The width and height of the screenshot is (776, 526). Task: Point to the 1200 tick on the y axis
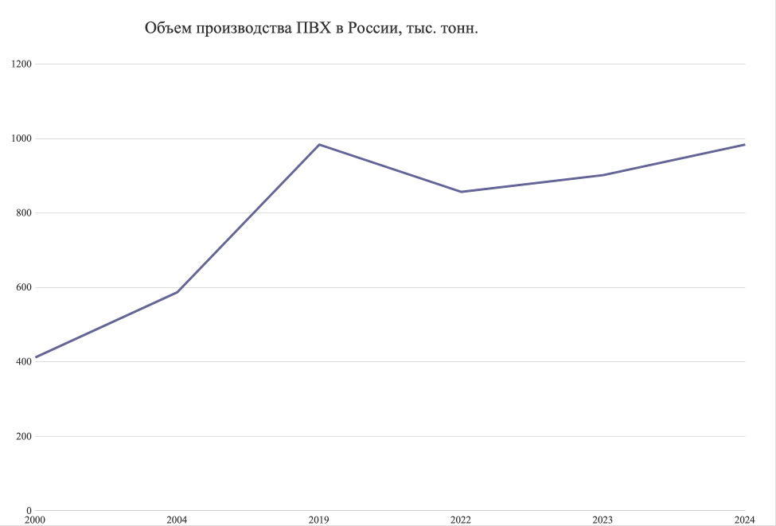(21, 64)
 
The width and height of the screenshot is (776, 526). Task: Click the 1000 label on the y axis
(21, 138)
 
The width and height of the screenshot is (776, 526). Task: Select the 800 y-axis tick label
(23, 213)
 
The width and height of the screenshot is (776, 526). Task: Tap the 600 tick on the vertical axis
(23, 287)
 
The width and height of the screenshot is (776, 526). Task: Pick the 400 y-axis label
(23, 362)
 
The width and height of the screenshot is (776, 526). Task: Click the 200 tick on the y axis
(23, 436)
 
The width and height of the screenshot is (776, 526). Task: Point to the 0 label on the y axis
(29, 511)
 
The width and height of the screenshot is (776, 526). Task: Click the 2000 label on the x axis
(35, 520)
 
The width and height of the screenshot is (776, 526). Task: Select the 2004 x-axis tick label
(177, 520)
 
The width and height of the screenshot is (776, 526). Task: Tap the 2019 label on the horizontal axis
(319, 520)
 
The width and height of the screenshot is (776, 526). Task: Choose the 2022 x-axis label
(461, 520)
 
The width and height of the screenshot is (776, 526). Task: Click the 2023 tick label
(602, 520)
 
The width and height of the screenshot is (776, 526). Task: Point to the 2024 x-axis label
(744, 520)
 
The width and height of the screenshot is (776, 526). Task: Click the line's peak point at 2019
(319, 145)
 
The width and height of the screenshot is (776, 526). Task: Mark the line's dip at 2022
(461, 192)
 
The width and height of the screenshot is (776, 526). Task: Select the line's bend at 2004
(177, 292)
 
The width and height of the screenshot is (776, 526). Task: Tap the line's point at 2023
(602, 175)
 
